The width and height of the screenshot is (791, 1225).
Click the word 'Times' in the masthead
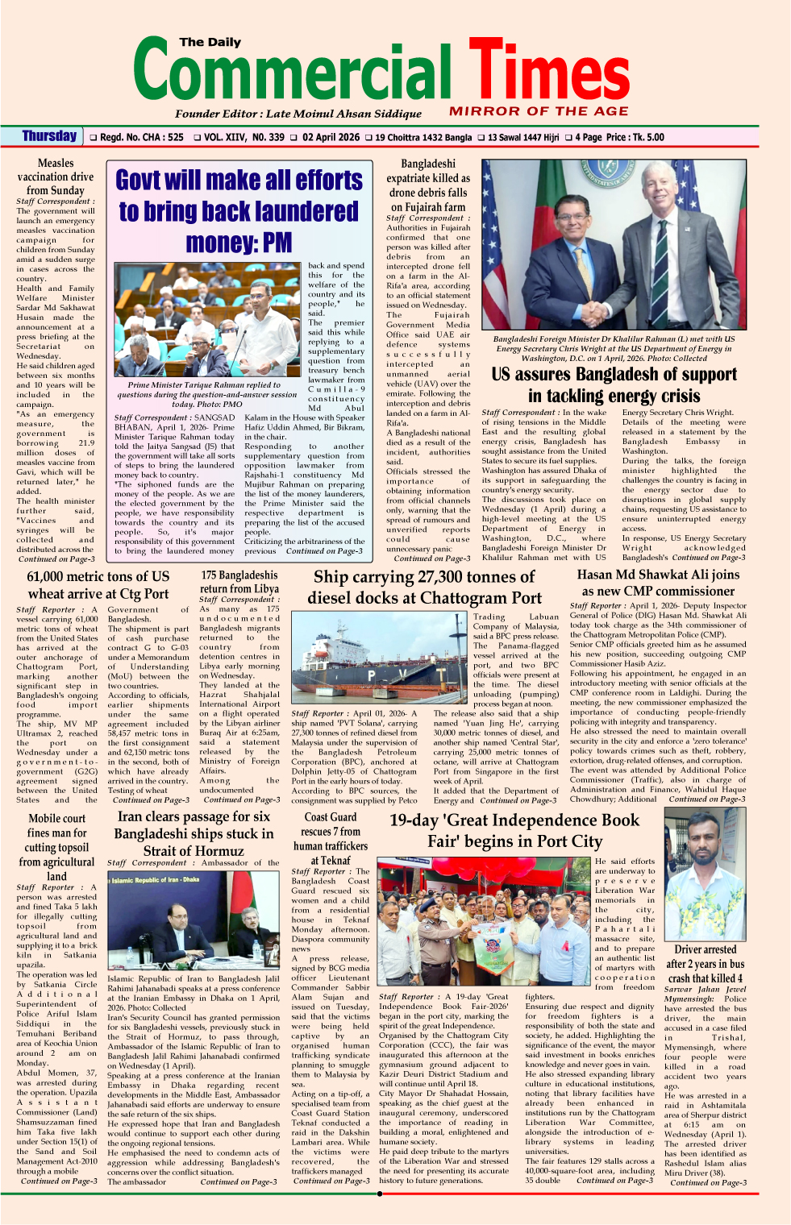[x=550, y=75]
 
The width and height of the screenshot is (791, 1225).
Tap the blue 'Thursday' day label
[x=49, y=136]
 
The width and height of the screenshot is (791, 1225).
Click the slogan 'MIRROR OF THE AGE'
[x=538, y=111]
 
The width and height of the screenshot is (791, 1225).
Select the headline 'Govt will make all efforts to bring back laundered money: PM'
[x=239, y=210]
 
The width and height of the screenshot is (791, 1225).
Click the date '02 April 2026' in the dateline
[x=331, y=138]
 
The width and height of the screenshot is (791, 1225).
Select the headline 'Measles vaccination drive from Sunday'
[x=56, y=176]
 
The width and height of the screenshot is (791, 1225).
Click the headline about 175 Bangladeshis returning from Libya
[x=239, y=581]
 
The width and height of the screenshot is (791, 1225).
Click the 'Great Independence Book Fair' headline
[x=514, y=831]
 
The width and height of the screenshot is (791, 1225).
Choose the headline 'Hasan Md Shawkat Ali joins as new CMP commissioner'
[x=658, y=583]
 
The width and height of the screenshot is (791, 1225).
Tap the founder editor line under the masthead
[x=298, y=114]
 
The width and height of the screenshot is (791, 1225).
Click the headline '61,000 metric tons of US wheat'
[x=98, y=585]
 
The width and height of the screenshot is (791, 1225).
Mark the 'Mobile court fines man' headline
[x=56, y=846]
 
